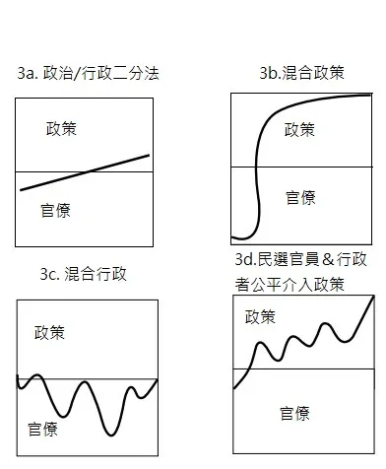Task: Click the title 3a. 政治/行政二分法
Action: click(x=88, y=75)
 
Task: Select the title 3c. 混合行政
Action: click(x=73, y=273)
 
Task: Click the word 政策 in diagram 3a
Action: click(x=65, y=130)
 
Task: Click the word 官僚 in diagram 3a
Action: click(x=55, y=209)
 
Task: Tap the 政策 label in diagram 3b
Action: click(x=300, y=129)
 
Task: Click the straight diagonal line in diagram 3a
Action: click(x=85, y=172)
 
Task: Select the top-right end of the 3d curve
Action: click(x=373, y=295)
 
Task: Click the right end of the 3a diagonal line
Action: click(x=150, y=155)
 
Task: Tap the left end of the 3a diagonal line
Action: click(x=21, y=189)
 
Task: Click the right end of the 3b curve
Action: click(x=370, y=95)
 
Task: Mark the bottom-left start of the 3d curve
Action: click(x=234, y=388)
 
